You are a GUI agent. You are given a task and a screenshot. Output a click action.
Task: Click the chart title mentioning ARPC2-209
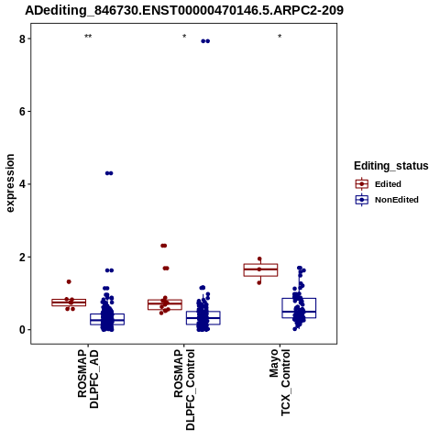click(184, 10)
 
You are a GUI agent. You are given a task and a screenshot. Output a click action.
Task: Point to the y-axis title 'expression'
click(10, 183)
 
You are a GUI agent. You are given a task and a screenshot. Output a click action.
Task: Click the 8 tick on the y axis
click(22, 38)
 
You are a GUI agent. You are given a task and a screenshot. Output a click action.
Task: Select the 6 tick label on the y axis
click(22, 112)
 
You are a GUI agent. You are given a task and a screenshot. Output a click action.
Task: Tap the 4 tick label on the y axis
click(22, 184)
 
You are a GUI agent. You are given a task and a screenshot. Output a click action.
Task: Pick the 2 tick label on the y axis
click(22, 257)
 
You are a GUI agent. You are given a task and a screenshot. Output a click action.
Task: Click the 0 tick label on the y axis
click(22, 330)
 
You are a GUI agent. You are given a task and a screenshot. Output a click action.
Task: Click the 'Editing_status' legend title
click(391, 166)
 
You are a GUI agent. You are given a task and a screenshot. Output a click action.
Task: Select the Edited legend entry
click(388, 184)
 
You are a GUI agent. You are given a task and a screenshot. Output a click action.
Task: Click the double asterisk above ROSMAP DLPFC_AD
click(88, 37)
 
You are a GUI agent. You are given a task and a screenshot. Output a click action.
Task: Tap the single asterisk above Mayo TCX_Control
click(280, 37)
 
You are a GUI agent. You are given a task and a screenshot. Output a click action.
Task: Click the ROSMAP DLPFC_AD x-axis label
click(88, 379)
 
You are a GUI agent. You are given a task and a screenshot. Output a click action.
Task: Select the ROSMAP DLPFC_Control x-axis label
click(184, 390)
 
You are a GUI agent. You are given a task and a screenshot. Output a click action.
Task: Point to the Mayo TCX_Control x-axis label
click(280, 382)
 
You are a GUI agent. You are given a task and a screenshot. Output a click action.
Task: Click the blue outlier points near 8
click(205, 41)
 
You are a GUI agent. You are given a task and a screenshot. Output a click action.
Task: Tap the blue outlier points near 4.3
click(109, 173)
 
